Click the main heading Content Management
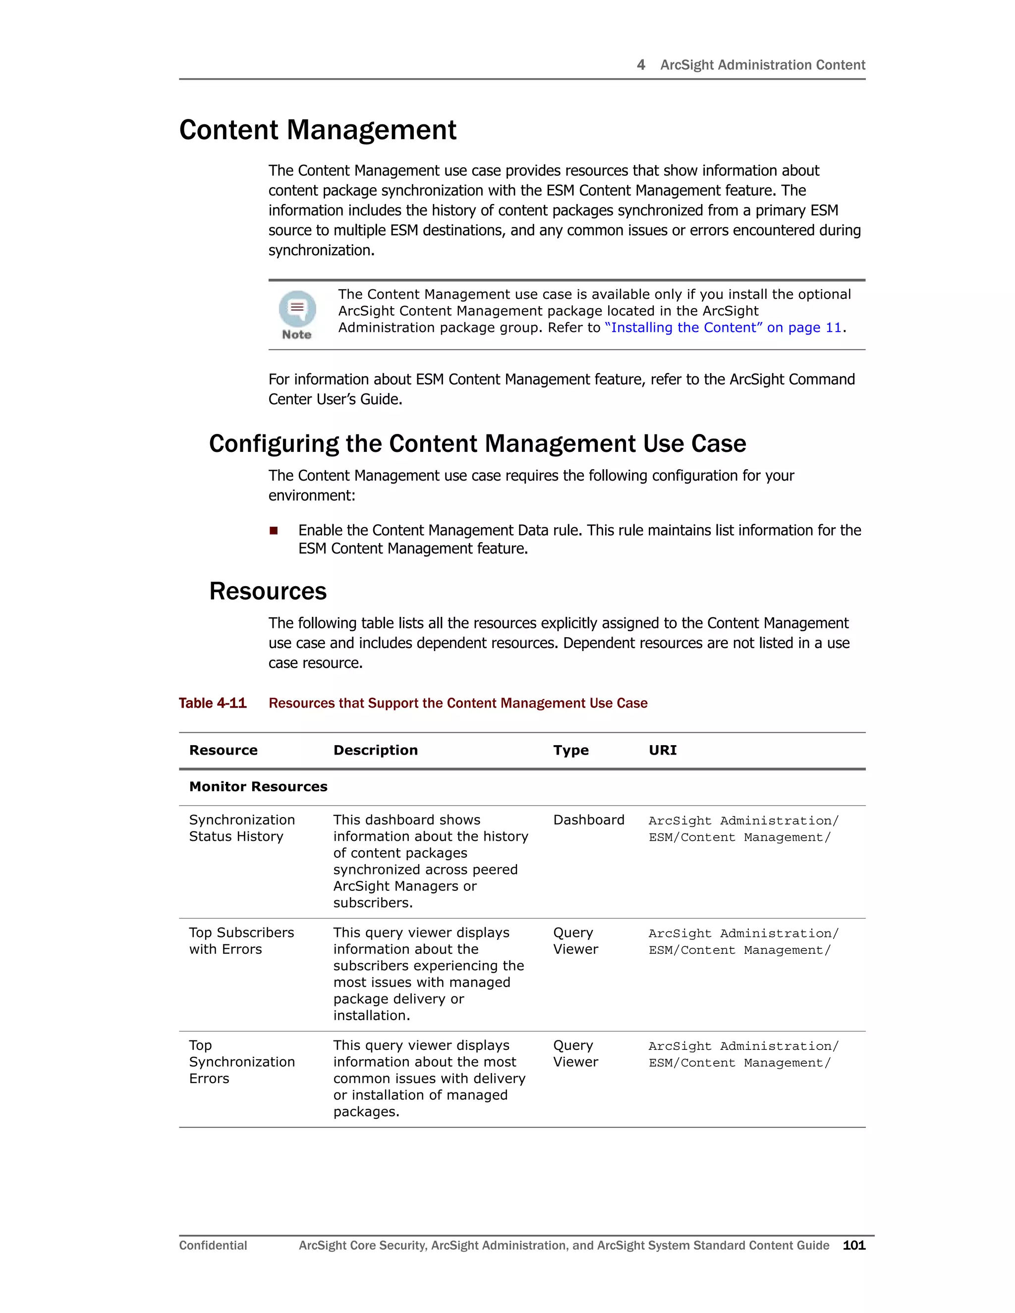coord(318,130)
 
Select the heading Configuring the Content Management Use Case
coord(477,443)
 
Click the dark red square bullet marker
coord(274,530)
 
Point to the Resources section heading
coord(268,591)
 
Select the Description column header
coord(375,750)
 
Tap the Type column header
coord(570,750)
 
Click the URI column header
coord(662,750)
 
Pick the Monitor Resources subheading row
coord(258,787)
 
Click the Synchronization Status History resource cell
coord(242,828)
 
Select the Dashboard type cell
coord(589,820)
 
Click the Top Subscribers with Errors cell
coord(241,941)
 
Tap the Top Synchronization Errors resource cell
coord(241,1062)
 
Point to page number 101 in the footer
coord(854,1246)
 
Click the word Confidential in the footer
coord(213,1246)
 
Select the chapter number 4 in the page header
coord(641,65)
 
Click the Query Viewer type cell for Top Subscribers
coord(575,941)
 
